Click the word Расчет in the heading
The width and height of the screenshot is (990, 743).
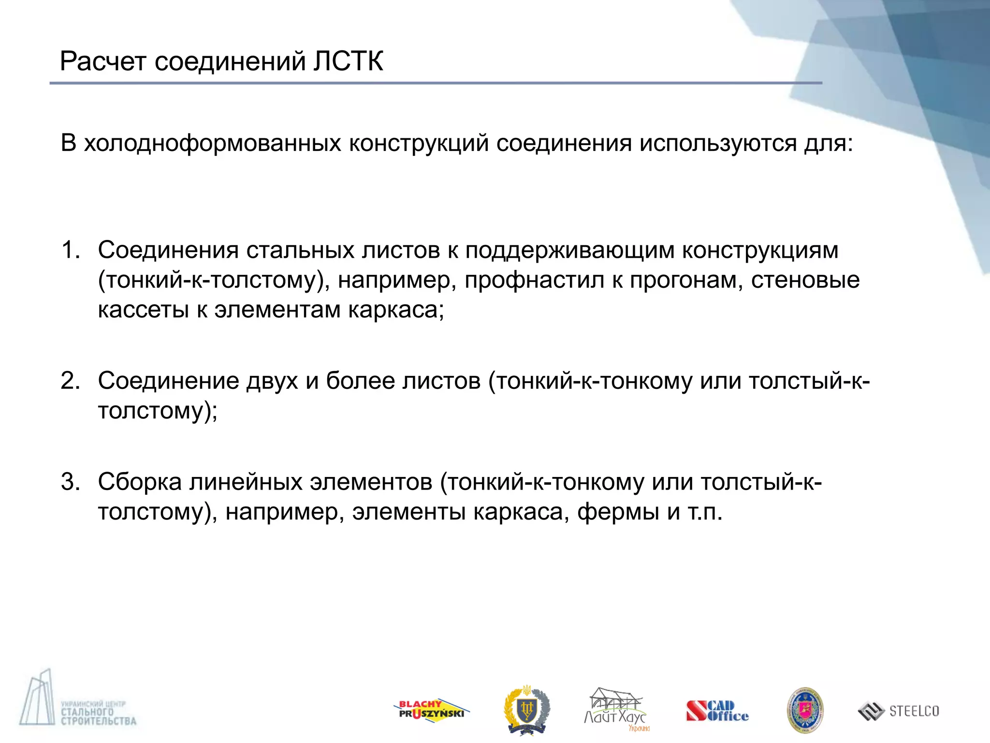(x=102, y=61)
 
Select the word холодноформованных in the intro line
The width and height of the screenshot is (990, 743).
(x=213, y=143)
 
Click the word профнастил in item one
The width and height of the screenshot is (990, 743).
(x=534, y=280)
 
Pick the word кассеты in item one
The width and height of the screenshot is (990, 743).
(x=143, y=310)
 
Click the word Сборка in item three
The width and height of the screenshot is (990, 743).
(x=140, y=482)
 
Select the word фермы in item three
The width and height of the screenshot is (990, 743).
(x=618, y=512)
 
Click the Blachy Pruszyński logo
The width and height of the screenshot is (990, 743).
(x=431, y=710)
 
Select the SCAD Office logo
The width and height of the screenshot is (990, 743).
(x=717, y=711)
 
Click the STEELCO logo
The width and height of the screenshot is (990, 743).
(x=899, y=711)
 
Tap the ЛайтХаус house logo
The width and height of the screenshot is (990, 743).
(x=616, y=709)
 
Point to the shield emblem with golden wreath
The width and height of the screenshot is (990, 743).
(x=526, y=709)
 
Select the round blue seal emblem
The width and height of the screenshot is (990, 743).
(x=805, y=710)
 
